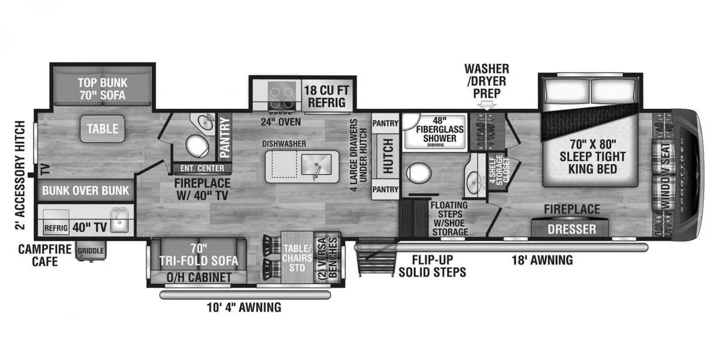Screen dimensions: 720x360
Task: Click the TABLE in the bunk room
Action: [102, 128]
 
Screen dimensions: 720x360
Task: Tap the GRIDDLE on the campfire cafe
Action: [91, 251]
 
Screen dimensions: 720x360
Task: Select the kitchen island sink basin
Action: [316, 164]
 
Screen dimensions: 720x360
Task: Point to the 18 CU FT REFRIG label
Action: [326, 97]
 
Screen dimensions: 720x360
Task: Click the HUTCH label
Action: [388, 156]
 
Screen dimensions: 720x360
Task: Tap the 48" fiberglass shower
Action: [435, 131]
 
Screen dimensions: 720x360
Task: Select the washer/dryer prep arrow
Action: [487, 106]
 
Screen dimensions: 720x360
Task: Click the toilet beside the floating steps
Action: [419, 173]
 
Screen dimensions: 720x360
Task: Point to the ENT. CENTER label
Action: [202, 168]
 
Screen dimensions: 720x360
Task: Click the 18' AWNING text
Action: [542, 260]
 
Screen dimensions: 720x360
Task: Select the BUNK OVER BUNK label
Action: [85, 190]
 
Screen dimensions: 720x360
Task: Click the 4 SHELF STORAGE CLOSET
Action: [499, 170]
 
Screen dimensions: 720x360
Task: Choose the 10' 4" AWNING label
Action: [244, 307]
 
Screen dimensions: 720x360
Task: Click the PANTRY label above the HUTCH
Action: [385, 123]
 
